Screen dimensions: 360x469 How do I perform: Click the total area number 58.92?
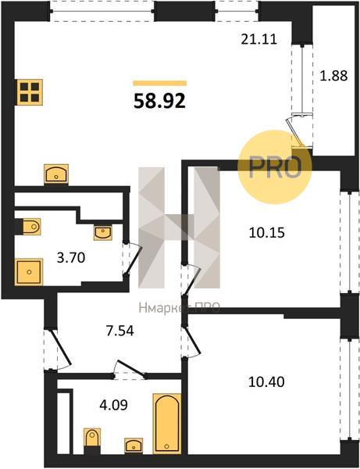pyautogui.click(x=160, y=101)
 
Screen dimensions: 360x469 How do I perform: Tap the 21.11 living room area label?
pyautogui.click(x=259, y=39)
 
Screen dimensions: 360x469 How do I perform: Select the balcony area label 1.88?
pyautogui.click(x=333, y=76)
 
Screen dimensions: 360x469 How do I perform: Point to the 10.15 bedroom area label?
pyautogui.click(x=267, y=232)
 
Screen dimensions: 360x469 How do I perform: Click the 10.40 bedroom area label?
pyautogui.click(x=266, y=381)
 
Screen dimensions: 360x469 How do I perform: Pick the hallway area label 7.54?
pyautogui.click(x=120, y=331)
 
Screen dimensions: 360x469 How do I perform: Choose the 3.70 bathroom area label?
pyautogui.click(x=71, y=257)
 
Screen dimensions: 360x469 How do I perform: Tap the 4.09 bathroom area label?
pyautogui.click(x=113, y=405)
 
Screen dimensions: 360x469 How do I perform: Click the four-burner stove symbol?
pyautogui.click(x=30, y=92)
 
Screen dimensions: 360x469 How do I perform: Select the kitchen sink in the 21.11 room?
pyautogui.click(x=56, y=174)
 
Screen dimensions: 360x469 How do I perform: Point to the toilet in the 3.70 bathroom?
pyautogui.click(x=30, y=227)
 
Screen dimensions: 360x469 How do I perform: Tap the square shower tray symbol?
pyautogui.click(x=29, y=272)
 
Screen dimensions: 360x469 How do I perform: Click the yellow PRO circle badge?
pyautogui.click(x=275, y=166)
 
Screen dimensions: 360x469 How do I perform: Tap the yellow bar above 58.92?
pyautogui.click(x=160, y=83)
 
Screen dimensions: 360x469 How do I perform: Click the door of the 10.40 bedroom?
pyautogui.click(x=193, y=341)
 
